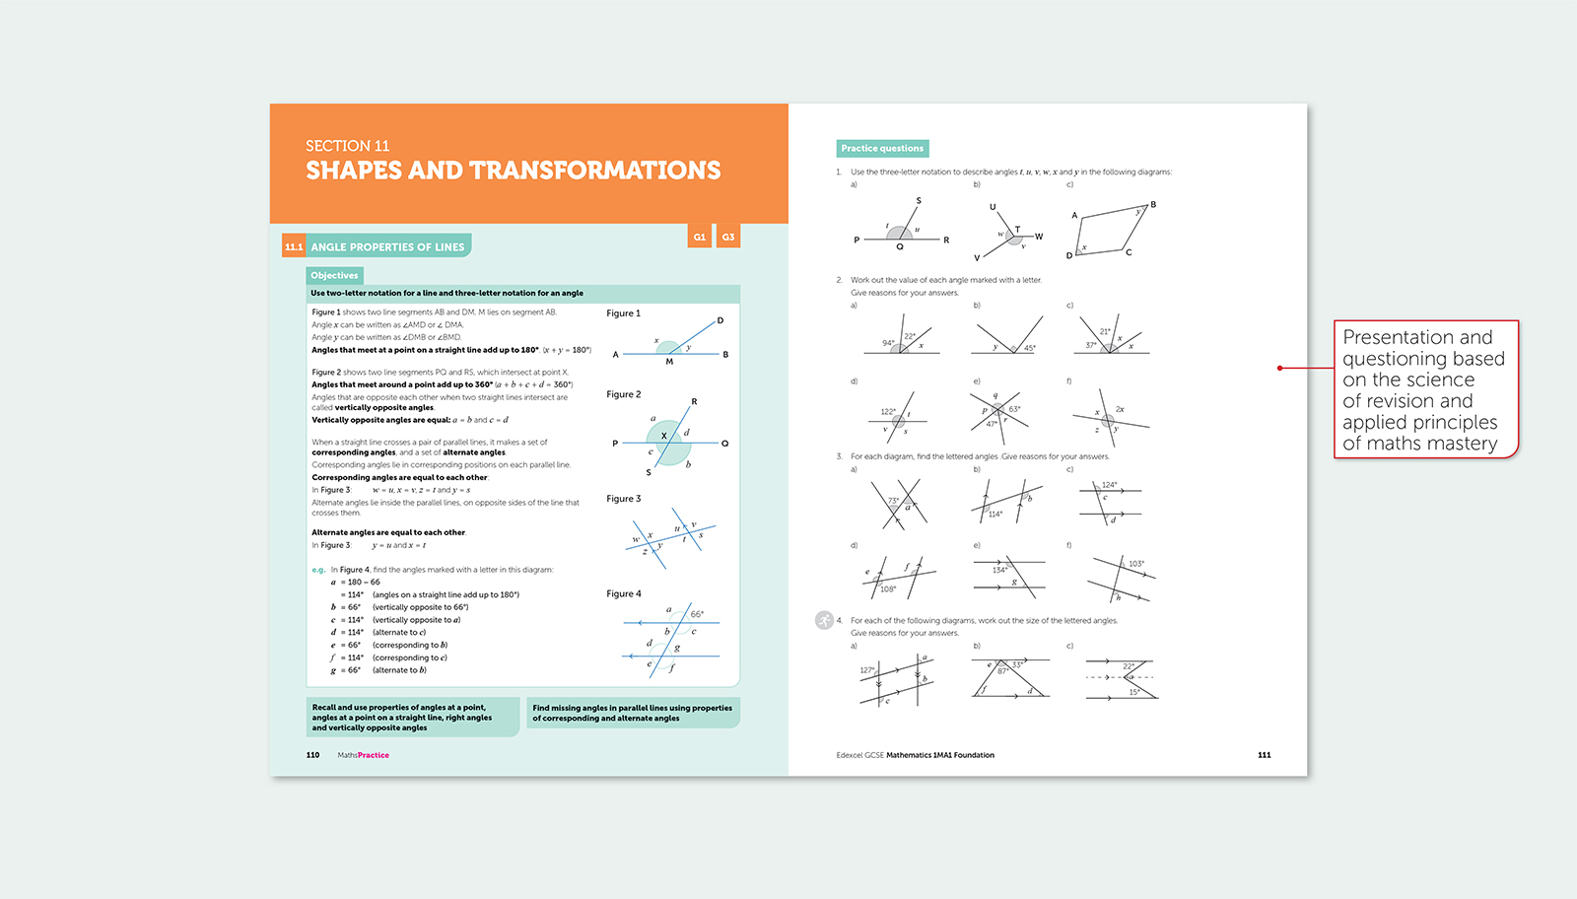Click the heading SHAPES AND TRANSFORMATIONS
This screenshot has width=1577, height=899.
point(513,171)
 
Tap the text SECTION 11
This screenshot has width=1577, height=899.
point(347,146)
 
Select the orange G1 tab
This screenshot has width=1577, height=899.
point(699,237)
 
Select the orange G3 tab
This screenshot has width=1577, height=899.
point(728,237)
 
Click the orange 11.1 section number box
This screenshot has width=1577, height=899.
point(294,246)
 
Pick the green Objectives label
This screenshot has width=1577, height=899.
point(334,276)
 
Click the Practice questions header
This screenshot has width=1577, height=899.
point(882,149)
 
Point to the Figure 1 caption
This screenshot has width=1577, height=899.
point(623,313)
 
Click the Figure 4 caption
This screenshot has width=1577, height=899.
point(623,593)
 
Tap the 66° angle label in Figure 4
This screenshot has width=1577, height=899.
point(697,614)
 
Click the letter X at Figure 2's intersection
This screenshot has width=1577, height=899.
point(664,436)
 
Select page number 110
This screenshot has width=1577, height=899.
point(312,755)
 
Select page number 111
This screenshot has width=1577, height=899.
point(1264,755)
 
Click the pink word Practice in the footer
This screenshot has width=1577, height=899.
point(374,755)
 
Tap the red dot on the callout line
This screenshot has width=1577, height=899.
point(1279,368)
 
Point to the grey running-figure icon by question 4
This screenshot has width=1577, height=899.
point(824,620)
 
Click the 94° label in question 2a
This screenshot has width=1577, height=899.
point(888,343)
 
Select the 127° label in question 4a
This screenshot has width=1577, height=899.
point(866,670)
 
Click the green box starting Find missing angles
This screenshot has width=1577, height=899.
point(633,713)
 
